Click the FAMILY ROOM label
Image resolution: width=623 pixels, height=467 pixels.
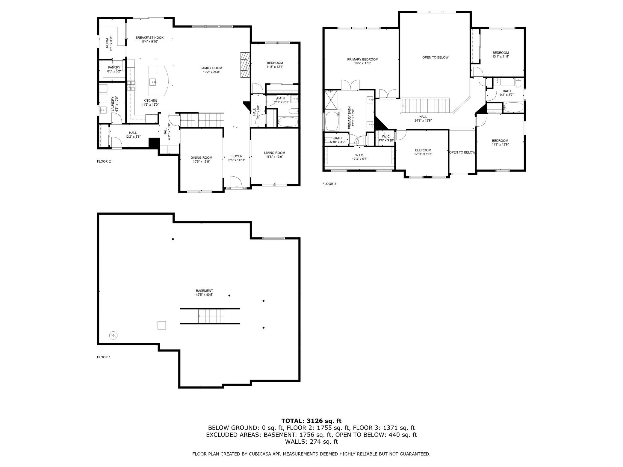pyautogui.click(x=211, y=68)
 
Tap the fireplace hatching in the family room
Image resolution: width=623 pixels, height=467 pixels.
pyautogui.click(x=245, y=65)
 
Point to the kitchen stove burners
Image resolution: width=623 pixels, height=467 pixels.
pyautogui.click(x=131, y=86)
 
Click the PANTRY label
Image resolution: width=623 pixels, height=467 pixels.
pyautogui.click(x=114, y=67)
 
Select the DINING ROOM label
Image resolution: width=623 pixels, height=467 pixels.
pyautogui.click(x=201, y=158)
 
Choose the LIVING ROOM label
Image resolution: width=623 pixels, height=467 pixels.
pyautogui.click(x=274, y=153)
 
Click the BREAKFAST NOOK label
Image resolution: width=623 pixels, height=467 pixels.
pyautogui.click(x=149, y=38)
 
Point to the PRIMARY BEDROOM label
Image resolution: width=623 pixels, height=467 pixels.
pyautogui.click(x=363, y=59)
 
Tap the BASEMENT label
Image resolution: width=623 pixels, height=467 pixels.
pyautogui.click(x=204, y=291)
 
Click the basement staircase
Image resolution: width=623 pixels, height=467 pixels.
pyautogui.click(x=211, y=316)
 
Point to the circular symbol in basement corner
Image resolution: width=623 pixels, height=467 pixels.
pyautogui.click(x=114, y=336)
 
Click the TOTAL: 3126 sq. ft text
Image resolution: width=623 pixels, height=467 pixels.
pyautogui.click(x=311, y=421)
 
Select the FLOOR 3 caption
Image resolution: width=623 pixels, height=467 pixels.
pyautogui.click(x=329, y=184)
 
